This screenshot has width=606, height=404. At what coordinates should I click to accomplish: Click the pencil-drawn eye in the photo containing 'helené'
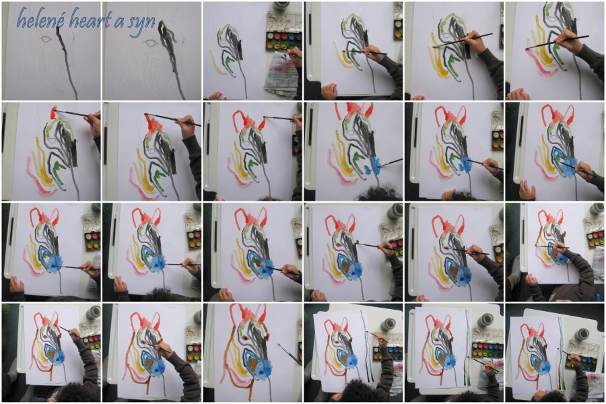pos(46,39)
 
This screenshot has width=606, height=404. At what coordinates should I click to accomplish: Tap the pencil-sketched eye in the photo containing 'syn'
pos(149,42)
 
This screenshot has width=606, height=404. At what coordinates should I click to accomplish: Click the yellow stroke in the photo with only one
pos(218,63)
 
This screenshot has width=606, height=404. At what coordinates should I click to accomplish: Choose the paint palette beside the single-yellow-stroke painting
pos(284,32)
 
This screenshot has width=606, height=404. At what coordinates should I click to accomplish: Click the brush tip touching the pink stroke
pos(527,48)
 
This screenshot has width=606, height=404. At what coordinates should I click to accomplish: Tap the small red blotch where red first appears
pos(53,112)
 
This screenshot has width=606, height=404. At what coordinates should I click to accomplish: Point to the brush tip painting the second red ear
pos(265,118)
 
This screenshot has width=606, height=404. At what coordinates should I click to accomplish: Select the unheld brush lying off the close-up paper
pos(290,353)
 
